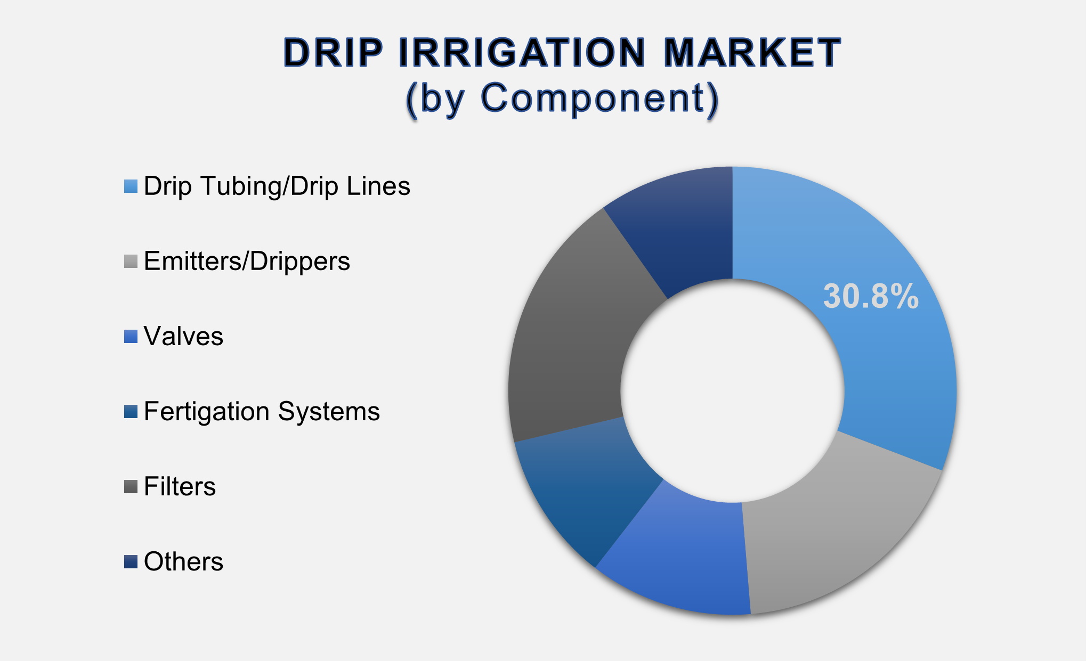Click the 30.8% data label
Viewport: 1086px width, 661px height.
[x=871, y=297]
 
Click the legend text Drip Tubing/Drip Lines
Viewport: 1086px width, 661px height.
[x=277, y=186]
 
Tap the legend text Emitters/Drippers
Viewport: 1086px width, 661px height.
[x=247, y=262]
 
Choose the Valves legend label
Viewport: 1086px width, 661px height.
[x=183, y=337]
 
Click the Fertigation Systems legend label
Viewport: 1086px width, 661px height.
[x=262, y=412]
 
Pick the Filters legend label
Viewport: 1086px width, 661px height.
[x=180, y=487]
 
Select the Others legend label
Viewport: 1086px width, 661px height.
[x=183, y=562]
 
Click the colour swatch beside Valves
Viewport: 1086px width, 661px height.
[x=131, y=337]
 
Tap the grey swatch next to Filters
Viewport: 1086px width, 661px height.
[x=131, y=487]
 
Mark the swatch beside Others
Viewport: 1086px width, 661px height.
[x=131, y=562]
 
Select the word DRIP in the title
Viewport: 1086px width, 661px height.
[x=333, y=53]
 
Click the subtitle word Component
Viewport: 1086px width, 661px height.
[x=591, y=99]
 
